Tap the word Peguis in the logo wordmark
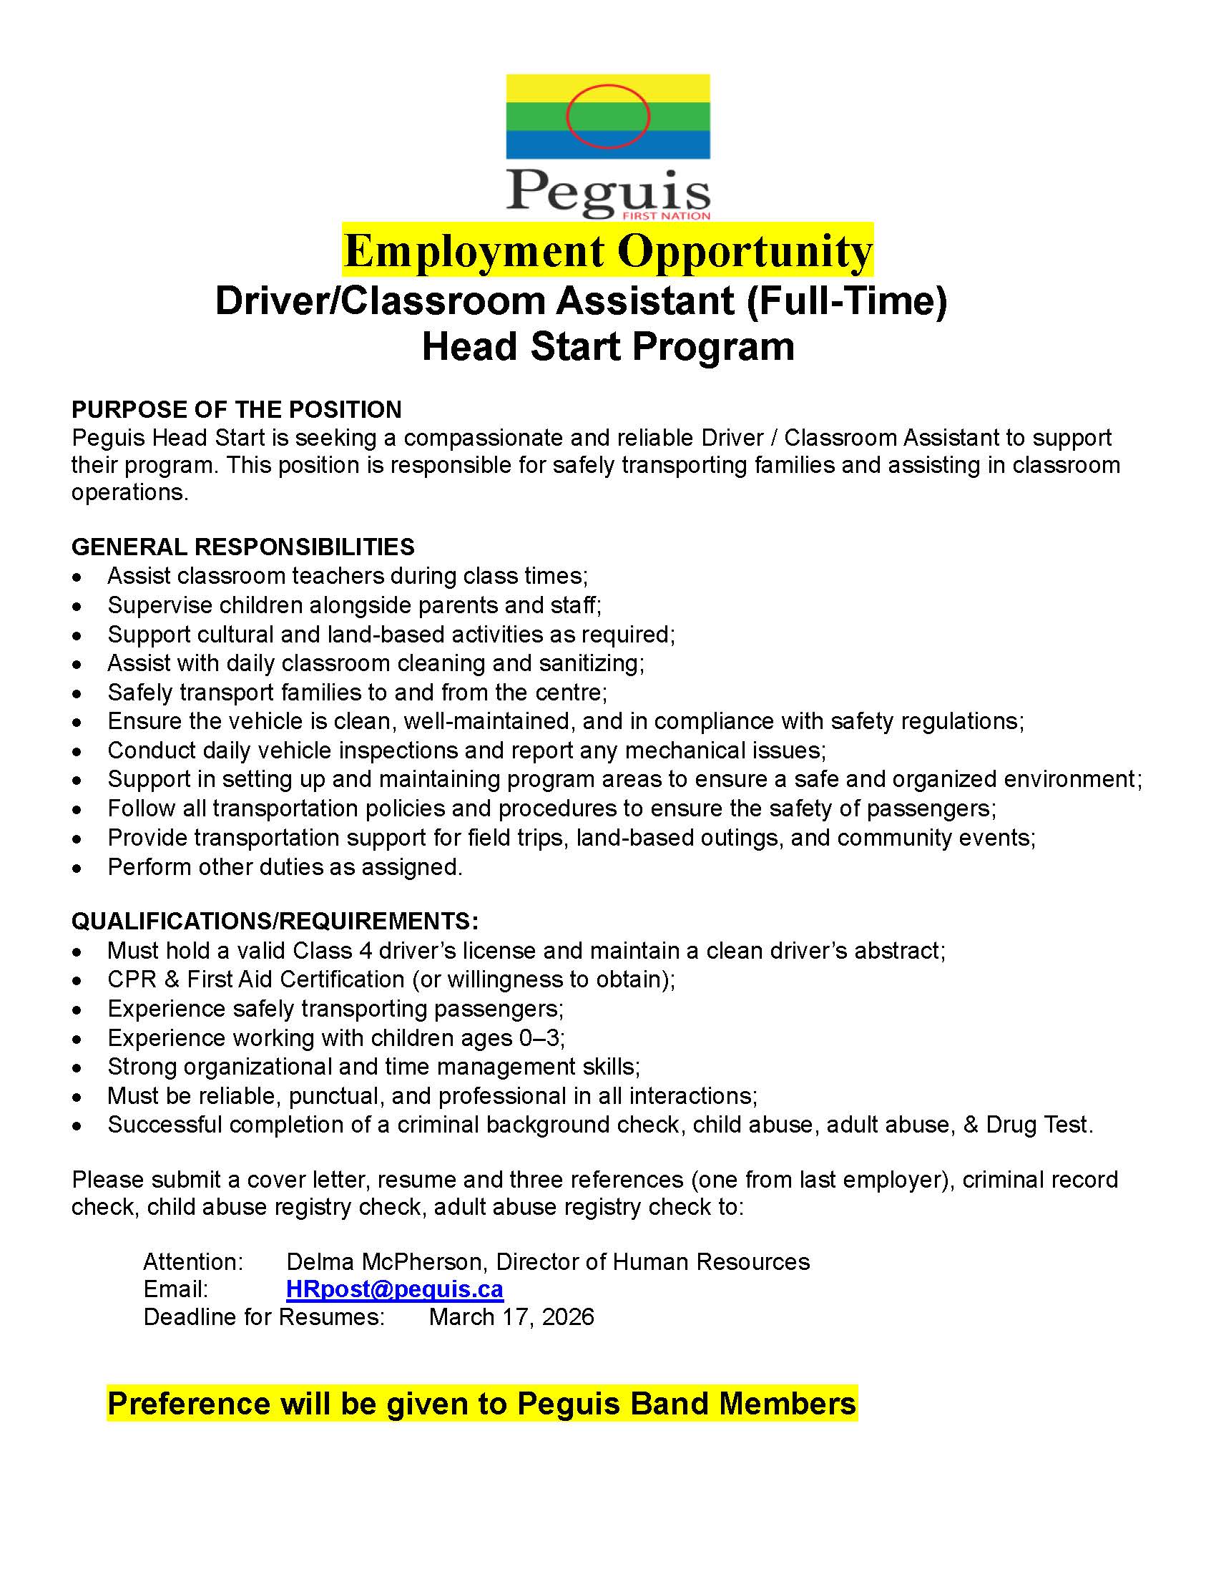click(x=607, y=191)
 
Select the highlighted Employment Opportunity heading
click(x=607, y=251)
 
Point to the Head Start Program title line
click(x=607, y=347)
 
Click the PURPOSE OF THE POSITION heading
click(x=236, y=409)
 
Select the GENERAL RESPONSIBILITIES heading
click(x=242, y=547)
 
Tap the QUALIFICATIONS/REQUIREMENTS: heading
click(x=275, y=921)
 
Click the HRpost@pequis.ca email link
click(x=394, y=1289)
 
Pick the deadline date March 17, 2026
click(x=511, y=1317)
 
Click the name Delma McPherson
click(x=388, y=1262)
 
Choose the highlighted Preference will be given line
click(x=481, y=1404)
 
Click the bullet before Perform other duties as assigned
click(x=77, y=869)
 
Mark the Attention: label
click(x=193, y=1262)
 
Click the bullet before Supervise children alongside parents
click(x=77, y=607)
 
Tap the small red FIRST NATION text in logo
click(x=667, y=215)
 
